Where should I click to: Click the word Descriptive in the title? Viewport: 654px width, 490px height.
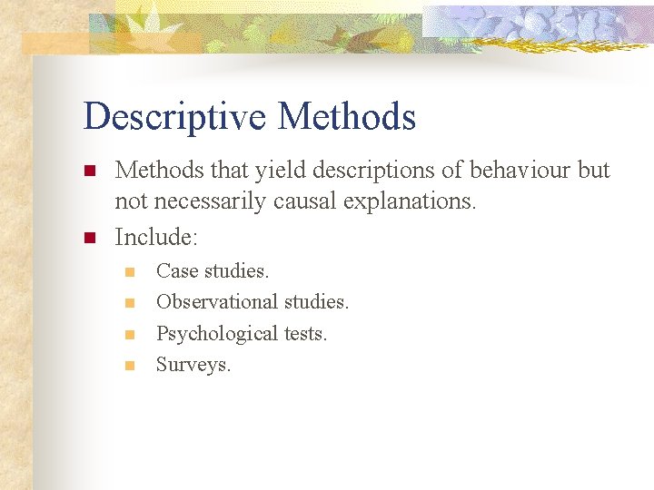click(x=174, y=118)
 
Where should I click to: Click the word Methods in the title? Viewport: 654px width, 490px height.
click(x=347, y=118)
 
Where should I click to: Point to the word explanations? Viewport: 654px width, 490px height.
click(x=410, y=201)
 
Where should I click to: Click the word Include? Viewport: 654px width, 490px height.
click(x=154, y=237)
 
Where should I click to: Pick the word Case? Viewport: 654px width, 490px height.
click(x=177, y=270)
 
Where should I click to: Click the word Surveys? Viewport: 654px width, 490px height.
click(x=193, y=365)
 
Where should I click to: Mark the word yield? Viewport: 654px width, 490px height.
click(x=255, y=170)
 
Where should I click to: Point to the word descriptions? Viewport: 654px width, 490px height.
click(x=352, y=170)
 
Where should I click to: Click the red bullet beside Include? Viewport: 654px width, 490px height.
click(x=89, y=238)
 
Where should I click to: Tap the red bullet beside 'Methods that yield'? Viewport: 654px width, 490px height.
click(x=89, y=171)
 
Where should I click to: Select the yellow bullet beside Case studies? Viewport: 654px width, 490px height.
click(x=129, y=271)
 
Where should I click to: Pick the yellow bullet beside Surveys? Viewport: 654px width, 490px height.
click(x=129, y=366)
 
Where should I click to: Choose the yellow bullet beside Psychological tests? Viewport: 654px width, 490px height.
click(x=129, y=335)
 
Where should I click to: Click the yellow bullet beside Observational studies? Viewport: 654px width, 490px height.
click(x=129, y=302)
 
